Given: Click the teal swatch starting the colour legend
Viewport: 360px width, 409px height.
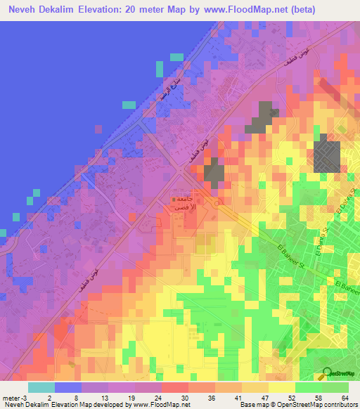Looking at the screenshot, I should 41,387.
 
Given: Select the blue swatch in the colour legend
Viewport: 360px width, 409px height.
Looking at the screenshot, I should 68,387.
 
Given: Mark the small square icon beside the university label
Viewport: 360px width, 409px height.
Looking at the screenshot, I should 174,200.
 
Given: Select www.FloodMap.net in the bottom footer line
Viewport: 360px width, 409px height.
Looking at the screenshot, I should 152,405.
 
